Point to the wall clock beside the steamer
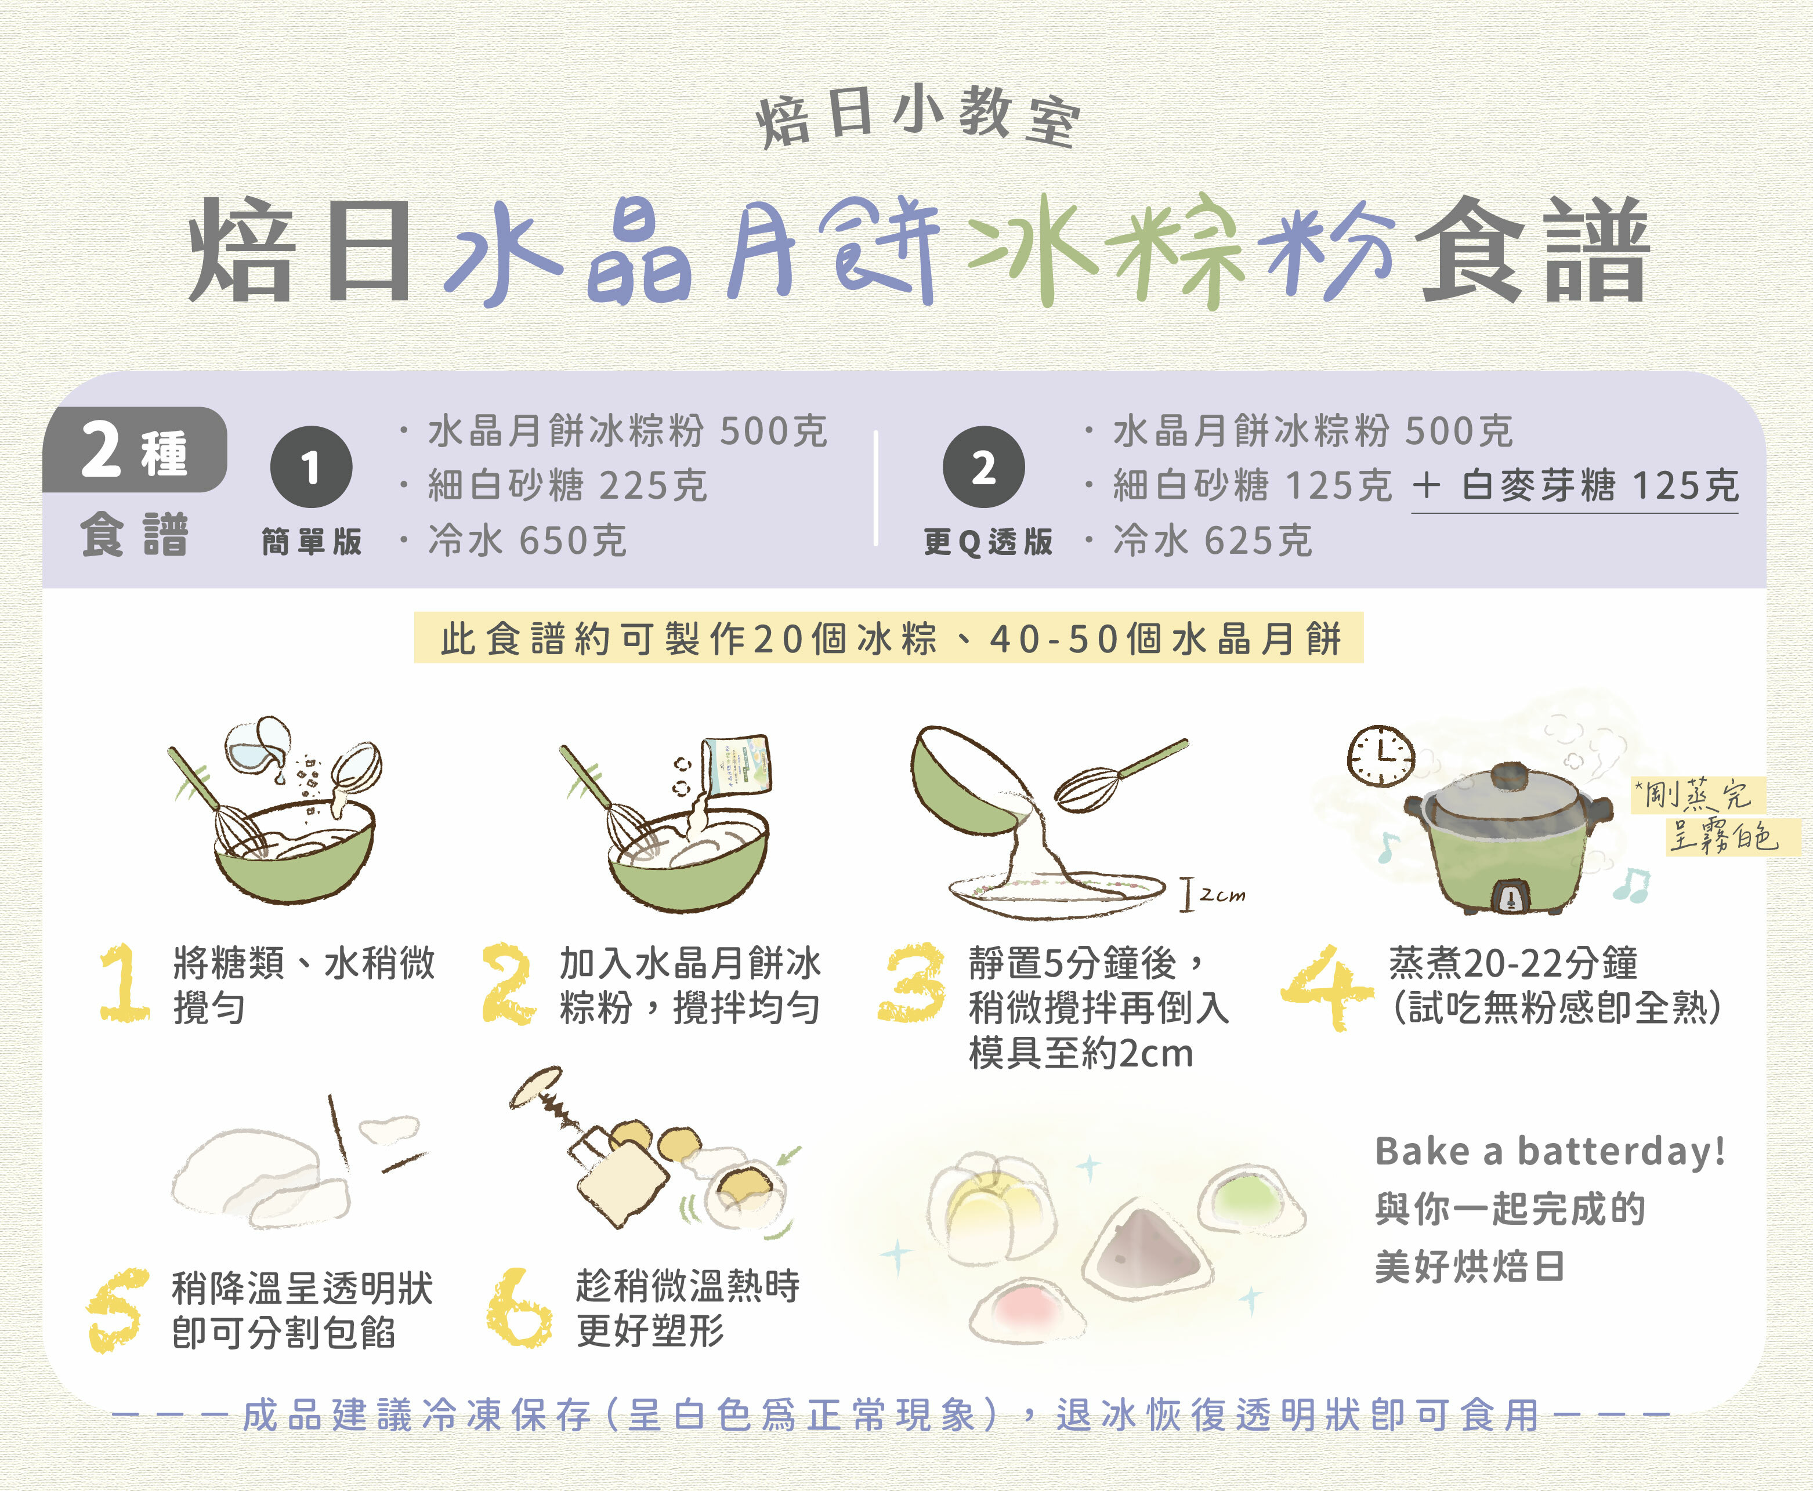tap(1380, 756)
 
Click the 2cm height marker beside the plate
tap(1211, 895)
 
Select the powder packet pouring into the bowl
tap(736, 764)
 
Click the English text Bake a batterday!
tap(1549, 1151)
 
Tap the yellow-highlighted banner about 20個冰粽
tap(888, 638)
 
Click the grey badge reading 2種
tap(135, 450)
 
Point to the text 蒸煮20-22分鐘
tap(1513, 963)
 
